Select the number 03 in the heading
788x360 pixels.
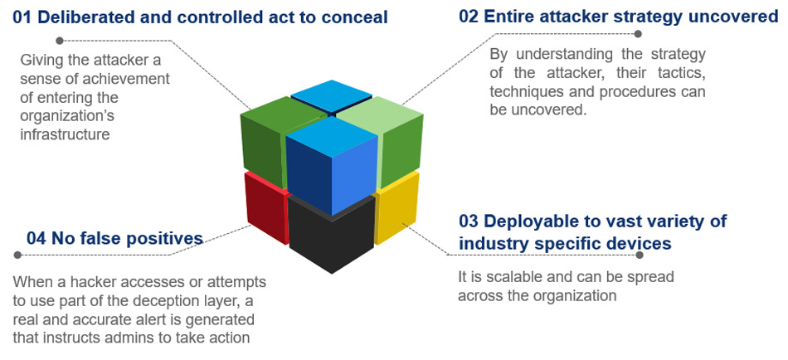(469, 221)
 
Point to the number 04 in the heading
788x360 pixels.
(36, 239)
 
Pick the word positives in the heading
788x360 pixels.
(162, 239)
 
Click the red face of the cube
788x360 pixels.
(265, 209)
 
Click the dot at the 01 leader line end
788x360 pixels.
(58, 40)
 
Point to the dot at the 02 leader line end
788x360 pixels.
(638, 34)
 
